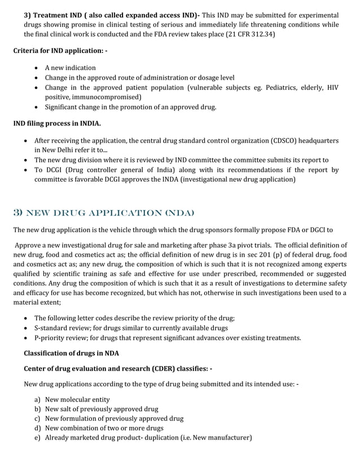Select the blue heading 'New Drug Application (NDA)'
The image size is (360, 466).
pyautogui.click(x=103, y=212)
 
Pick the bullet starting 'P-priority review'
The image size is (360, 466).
pyautogui.click(x=168, y=338)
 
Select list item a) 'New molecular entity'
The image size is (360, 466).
pyautogui.click(x=77, y=399)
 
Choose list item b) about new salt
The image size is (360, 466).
pyautogui.click(x=102, y=409)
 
